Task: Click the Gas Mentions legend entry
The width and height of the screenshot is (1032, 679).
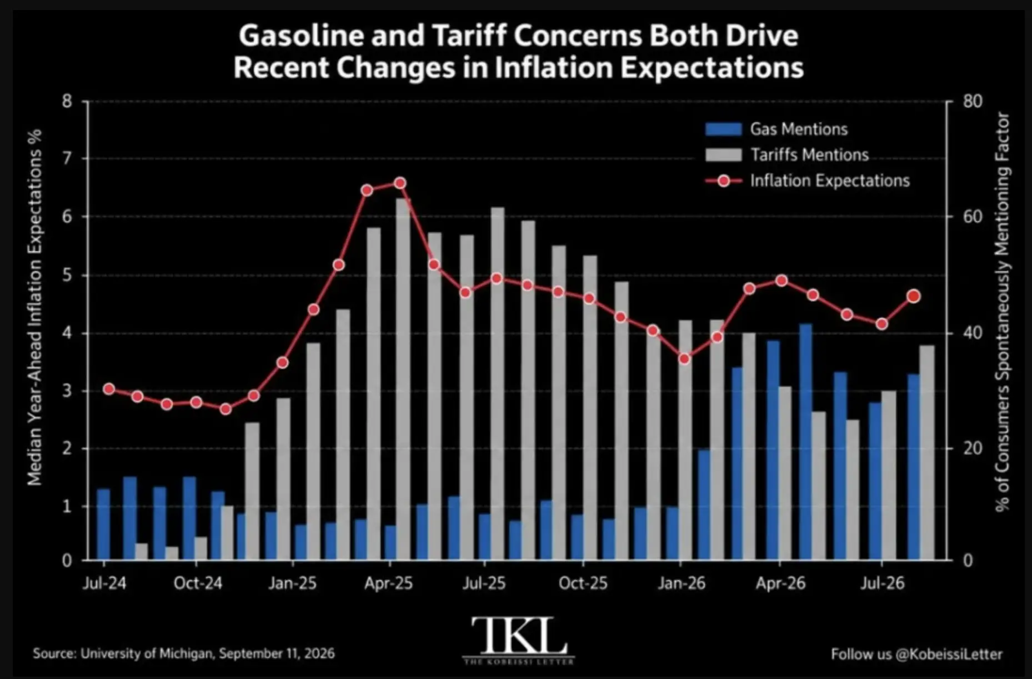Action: point(776,129)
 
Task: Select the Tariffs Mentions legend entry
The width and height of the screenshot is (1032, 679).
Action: point(787,154)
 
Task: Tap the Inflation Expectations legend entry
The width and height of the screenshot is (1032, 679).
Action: point(808,181)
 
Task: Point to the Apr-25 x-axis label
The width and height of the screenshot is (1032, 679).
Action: point(389,583)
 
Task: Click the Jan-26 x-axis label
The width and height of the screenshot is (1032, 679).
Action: point(682,583)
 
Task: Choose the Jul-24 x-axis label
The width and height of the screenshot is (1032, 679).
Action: point(104,583)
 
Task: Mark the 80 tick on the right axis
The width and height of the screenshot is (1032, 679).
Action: point(973,102)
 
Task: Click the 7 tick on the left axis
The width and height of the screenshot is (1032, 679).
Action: point(68,159)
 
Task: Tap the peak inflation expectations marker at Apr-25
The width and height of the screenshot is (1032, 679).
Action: point(400,183)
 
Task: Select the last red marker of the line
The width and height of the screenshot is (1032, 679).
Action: point(914,296)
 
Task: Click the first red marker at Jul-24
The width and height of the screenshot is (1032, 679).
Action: point(109,389)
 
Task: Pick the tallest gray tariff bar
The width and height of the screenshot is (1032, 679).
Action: point(403,379)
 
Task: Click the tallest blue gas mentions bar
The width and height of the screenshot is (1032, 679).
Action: point(806,442)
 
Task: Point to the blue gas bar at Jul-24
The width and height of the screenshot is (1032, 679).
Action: point(103,524)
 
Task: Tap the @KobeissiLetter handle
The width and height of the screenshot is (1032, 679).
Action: point(949,654)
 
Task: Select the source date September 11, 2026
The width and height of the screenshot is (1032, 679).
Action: point(277,653)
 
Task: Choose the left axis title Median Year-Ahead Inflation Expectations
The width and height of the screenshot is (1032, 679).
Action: point(36,307)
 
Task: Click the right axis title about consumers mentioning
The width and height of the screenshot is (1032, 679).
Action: point(1002,312)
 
